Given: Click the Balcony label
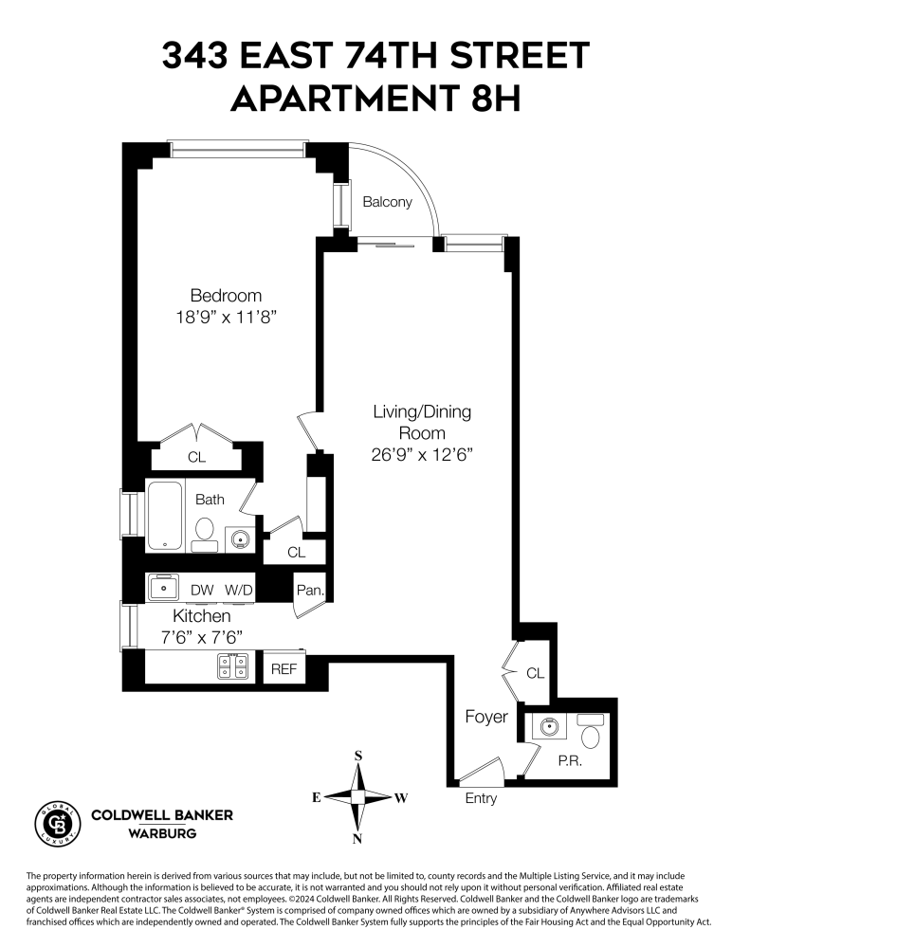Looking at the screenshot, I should [388, 202].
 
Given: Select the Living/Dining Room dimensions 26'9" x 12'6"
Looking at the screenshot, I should [422, 454].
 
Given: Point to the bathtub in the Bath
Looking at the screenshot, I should [167, 516].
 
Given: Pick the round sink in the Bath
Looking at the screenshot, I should [241, 539].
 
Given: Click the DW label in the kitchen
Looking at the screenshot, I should [202, 590].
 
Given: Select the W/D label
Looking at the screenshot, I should [239, 590].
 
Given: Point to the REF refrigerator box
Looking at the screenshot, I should [284, 668].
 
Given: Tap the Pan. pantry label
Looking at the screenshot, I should [310, 590].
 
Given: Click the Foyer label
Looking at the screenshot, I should [485, 717].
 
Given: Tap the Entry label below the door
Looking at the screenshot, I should [481, 798].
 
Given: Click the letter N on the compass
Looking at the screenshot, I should [357, 838].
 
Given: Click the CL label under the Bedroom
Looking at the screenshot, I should [196, 457].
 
